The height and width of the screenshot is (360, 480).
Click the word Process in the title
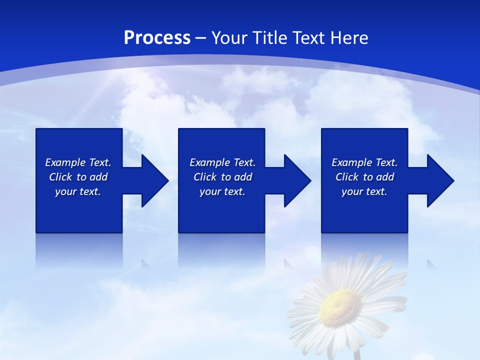click(x=157, y=38)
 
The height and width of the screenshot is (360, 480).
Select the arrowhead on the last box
click(x=439, y=180)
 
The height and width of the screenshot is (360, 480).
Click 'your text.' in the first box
click(x=78, y=191)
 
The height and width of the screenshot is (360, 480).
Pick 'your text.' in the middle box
click(x=222, y=191)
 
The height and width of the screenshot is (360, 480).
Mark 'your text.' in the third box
click(x=364, y=191)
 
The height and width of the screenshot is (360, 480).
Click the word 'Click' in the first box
click(x=61, y=177)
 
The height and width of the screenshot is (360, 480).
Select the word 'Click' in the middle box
click(x=205, y=177)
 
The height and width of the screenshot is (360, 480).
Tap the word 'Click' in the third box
click(x=347, y=177)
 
